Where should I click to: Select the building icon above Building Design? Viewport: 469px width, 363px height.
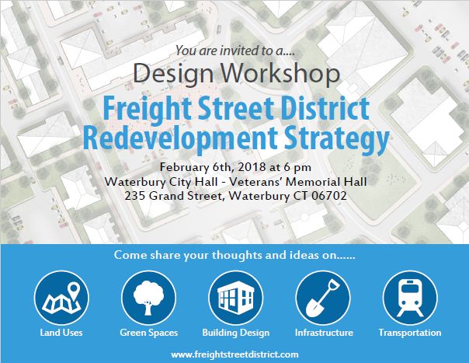236,298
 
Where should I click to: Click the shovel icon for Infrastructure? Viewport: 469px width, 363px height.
323,298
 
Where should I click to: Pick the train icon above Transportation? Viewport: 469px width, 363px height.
410,298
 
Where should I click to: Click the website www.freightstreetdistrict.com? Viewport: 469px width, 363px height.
234,354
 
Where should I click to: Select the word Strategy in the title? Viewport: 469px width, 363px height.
337,138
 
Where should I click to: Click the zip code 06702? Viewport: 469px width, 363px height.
329,196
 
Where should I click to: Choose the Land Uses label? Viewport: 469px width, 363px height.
61,333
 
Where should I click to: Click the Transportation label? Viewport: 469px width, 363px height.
410,333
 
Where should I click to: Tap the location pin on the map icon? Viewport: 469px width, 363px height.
74,290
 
